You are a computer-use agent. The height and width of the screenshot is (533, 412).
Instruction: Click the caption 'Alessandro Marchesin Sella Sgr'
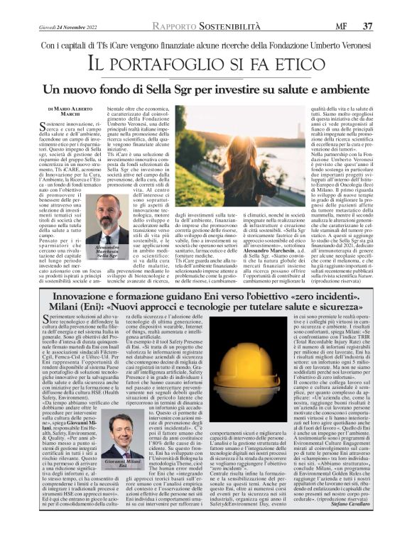(103, 253)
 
